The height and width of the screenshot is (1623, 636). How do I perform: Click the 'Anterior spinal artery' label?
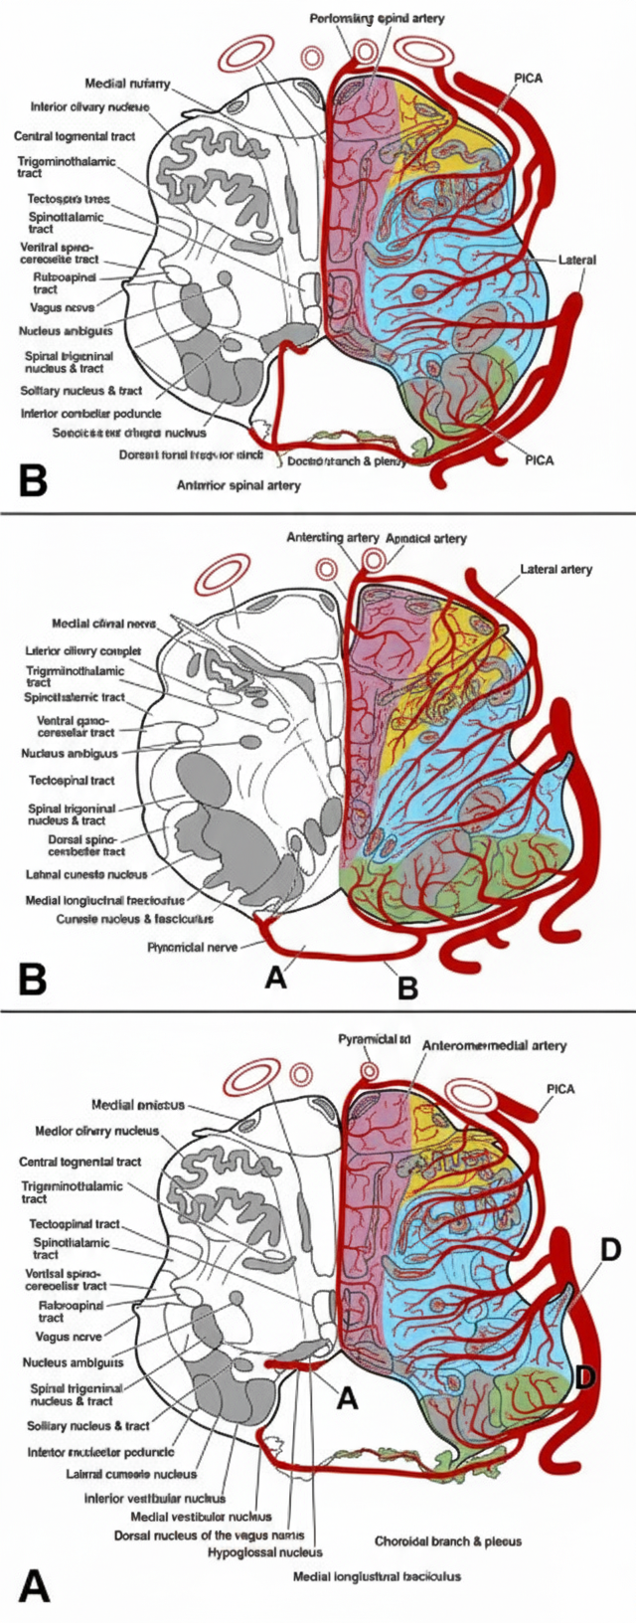238,485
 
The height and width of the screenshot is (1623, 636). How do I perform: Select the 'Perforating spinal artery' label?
377,19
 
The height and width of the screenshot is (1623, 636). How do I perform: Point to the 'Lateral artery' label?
556,570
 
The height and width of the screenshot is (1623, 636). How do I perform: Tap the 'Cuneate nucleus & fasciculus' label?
134,918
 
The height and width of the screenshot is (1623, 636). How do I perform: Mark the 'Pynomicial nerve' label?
192,947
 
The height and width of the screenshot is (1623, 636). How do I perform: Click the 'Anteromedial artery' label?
494,1045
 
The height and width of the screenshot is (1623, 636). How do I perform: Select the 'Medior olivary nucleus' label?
96,1131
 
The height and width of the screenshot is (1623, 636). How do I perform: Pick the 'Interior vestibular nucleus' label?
154,1498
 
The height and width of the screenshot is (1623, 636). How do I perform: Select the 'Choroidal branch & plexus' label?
447,1540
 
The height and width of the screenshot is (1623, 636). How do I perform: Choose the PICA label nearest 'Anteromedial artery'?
559,1088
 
